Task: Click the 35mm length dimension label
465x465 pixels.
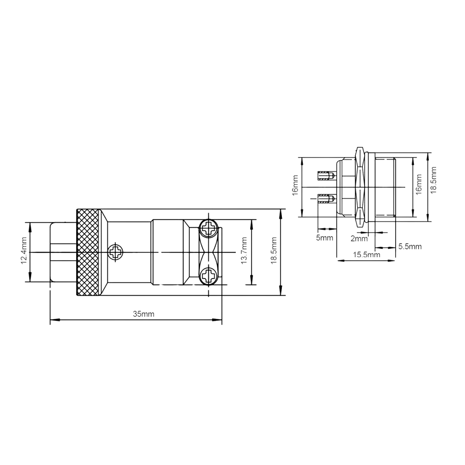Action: pyautogui.click(x=143, y=314)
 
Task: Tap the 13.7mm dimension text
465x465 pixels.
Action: pyautogui.click(x=244, y=252)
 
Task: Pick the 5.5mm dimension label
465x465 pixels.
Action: pyautogui.click(x=410, y=246)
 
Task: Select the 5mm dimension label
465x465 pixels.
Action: pyautogui.click(x=325, y=238)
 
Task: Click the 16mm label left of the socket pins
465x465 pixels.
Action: pyautogui.click(x=295, y=186)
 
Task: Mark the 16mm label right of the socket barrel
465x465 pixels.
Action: pyautogui.click(x=418, y=185)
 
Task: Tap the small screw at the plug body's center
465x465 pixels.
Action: pyautogui.click(x=115, y=253)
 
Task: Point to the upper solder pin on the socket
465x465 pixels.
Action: pyautogui.click(x=325, y=176)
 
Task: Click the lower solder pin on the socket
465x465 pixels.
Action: pyautogui.click(x=325, y=200)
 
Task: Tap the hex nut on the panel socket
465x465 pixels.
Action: pyautogui.click(x=359, y=187)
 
